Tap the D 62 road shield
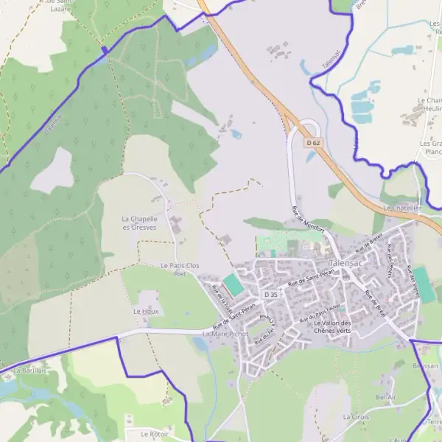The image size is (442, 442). tap(315, 142)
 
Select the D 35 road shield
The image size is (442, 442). tap(270, 295)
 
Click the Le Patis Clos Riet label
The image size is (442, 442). tap(179, 269)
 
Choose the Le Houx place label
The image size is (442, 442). tap(146, 312)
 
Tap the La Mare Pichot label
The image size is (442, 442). tap(225, 334)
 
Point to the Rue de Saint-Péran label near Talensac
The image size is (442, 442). tap(311, 278)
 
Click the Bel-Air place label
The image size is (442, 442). tap(386, 397)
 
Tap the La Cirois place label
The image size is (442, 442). tap(356, 416)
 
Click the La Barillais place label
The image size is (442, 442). tap(30, 371)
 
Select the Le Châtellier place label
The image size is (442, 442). tap(402, 208)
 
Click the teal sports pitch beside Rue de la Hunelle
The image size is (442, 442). tap(233, 284)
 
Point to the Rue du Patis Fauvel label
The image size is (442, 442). tap(323, 313)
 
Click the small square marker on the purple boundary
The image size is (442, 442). tap(105, 50)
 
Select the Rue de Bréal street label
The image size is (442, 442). tap(375, 299)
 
